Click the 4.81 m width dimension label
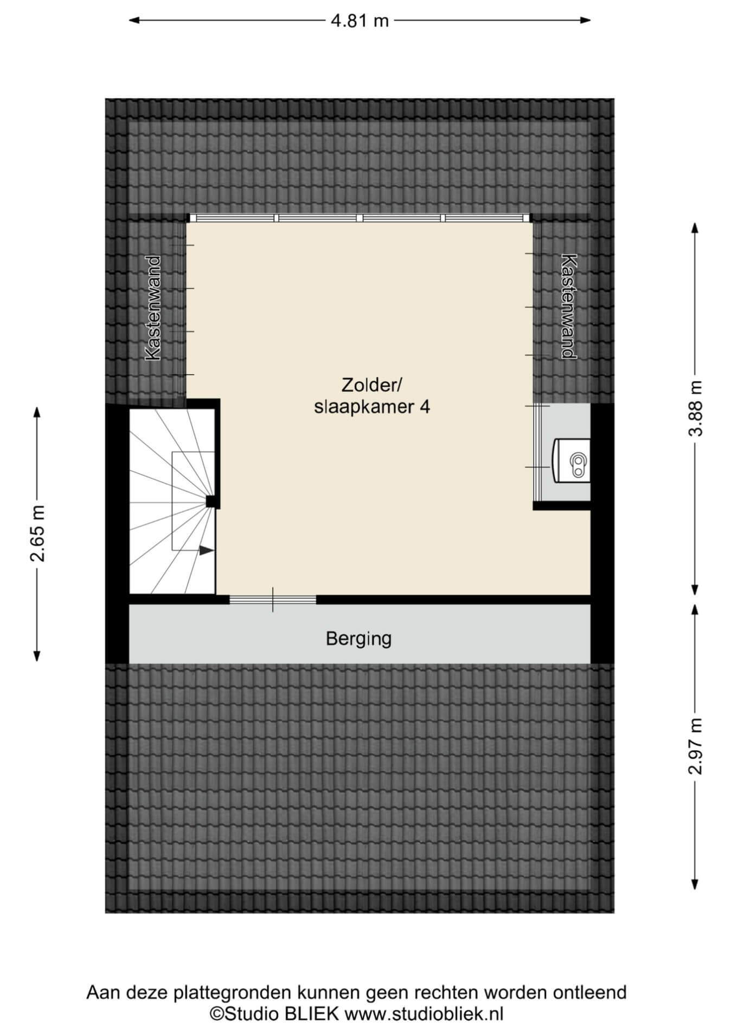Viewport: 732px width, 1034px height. (359, 21)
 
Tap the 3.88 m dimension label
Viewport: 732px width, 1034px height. (696, 408)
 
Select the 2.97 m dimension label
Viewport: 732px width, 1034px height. (696, 746)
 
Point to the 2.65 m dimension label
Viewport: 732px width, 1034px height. (37, 534)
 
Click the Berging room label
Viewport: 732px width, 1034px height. (358, 639)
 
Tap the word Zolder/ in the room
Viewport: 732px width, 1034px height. (371, 385)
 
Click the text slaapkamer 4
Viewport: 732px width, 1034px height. (372, 407)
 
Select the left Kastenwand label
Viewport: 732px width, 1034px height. (153, 308)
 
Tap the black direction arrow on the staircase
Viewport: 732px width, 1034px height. (206, 550)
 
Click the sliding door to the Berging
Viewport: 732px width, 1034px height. (273, 600)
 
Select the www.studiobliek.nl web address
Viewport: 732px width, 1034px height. (425, 1013)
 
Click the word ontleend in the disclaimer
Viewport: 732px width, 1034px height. (589, 992)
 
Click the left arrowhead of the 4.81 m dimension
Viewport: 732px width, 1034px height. (134, 21)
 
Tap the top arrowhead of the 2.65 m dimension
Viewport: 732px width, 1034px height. (37, 412)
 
